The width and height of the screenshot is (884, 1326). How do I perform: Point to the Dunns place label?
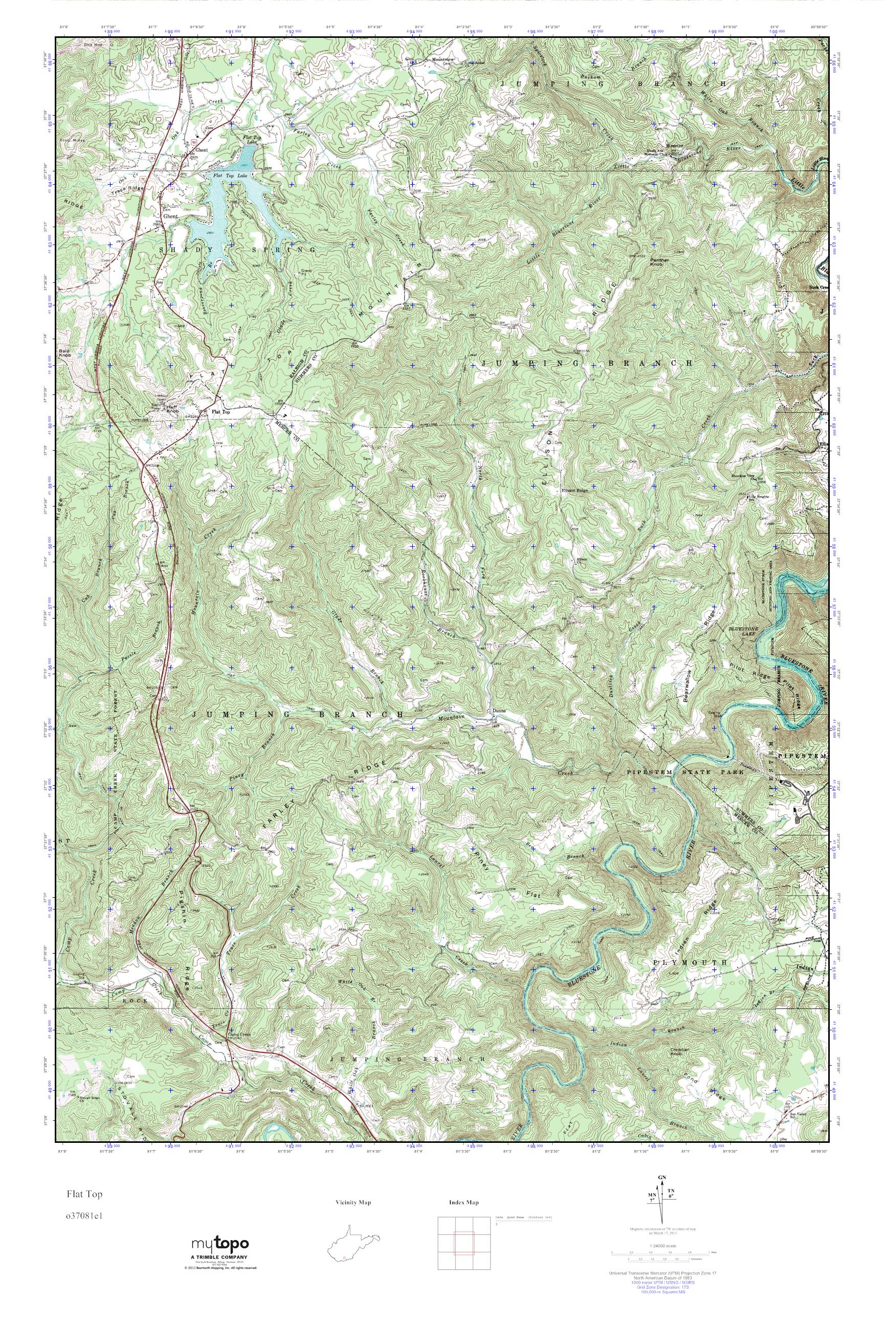click(x=499, y=711)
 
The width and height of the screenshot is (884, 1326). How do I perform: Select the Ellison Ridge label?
click(x=575, y=490)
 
